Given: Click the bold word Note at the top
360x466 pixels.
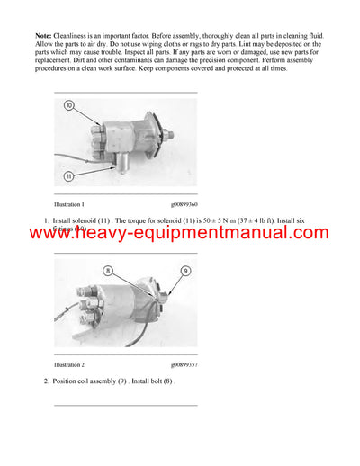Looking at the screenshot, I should (x=28, y=35).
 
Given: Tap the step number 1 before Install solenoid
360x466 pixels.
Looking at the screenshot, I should (x=46, y=220).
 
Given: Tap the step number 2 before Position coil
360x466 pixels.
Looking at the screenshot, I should (x=46, y=381).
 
